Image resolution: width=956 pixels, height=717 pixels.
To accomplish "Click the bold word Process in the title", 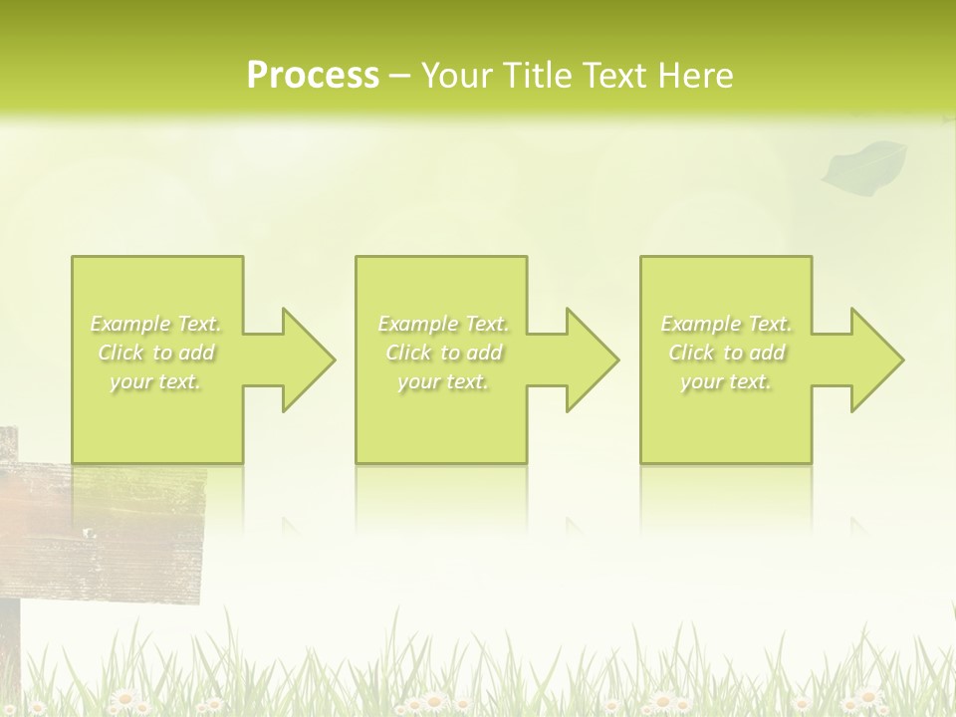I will point(313,76).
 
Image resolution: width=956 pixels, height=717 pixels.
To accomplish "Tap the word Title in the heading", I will point(536,76).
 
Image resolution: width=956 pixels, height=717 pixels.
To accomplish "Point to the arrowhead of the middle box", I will point(597,359).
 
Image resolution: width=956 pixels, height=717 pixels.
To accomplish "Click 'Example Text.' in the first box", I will point(156,324).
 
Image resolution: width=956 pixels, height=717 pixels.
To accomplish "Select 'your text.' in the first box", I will point(156,381).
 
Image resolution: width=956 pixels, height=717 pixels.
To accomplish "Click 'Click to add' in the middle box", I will point(444,353).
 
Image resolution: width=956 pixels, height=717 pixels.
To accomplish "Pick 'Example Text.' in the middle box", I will point(444,324).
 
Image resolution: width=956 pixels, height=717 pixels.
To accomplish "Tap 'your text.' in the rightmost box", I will point(727,381).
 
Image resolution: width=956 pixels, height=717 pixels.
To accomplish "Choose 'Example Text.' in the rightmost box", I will point(727,324).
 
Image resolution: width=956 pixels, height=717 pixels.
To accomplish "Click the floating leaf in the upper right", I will point(863,164).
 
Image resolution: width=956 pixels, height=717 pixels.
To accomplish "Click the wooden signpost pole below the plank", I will point(9,647).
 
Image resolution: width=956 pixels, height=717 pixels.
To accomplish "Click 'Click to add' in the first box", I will point(156,353).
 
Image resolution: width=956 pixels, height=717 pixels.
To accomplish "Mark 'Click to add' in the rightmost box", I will point(727,353).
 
